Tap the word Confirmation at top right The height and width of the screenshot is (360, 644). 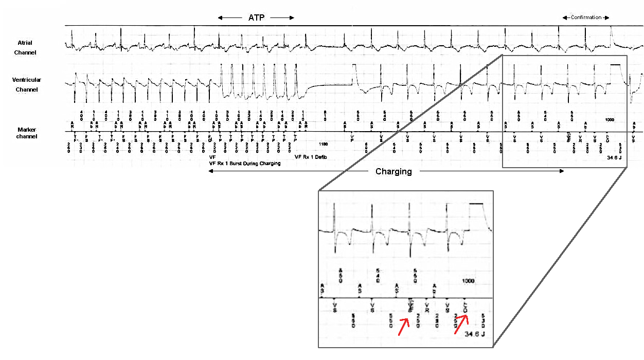(586, 17)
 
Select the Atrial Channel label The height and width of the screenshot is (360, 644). (26, 48)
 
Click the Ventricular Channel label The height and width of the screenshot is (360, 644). (27, 85)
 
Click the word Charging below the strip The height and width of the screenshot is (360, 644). (393, 172)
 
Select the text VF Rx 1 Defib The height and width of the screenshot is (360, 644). (311, 157)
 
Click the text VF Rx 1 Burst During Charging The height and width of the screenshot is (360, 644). (245, 164)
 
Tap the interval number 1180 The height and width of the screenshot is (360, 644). (324, 145)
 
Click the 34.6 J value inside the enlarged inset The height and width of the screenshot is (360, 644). (475, 334)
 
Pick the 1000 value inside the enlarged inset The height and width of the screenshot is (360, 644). (468, 281)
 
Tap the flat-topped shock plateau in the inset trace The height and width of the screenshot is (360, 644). (477, 204)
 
